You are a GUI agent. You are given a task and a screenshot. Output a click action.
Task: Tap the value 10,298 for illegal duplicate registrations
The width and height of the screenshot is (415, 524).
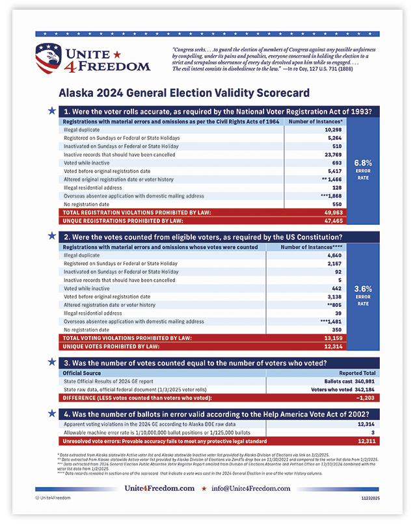pyautogui.click(x=332, y=129)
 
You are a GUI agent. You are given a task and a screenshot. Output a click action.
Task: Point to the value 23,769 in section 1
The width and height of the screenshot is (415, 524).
pyautogui.click(x=332, y=155)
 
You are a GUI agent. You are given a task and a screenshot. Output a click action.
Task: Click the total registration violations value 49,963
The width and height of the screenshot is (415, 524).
pyautogui.click(x=332, y=213)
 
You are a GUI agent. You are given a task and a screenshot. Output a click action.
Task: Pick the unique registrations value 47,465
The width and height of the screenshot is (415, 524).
pyautogui.click(x=332, y=221)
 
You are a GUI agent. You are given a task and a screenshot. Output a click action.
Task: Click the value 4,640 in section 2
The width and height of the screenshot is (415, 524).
pyautogui.click(x=333, y=255)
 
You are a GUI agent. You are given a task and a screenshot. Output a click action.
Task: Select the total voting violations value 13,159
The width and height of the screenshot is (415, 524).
pyautogui.click(x=332, y=338)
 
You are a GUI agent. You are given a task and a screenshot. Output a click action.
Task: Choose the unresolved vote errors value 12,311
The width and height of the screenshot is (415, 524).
pyautogui.click(x=366, y=441)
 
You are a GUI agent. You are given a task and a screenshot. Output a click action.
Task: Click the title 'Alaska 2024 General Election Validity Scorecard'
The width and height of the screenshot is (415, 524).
pyautogui.click(x=184, y=93)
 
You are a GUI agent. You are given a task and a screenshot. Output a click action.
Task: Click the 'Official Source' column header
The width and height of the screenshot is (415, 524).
pyautogui.click(x=82, y=373)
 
